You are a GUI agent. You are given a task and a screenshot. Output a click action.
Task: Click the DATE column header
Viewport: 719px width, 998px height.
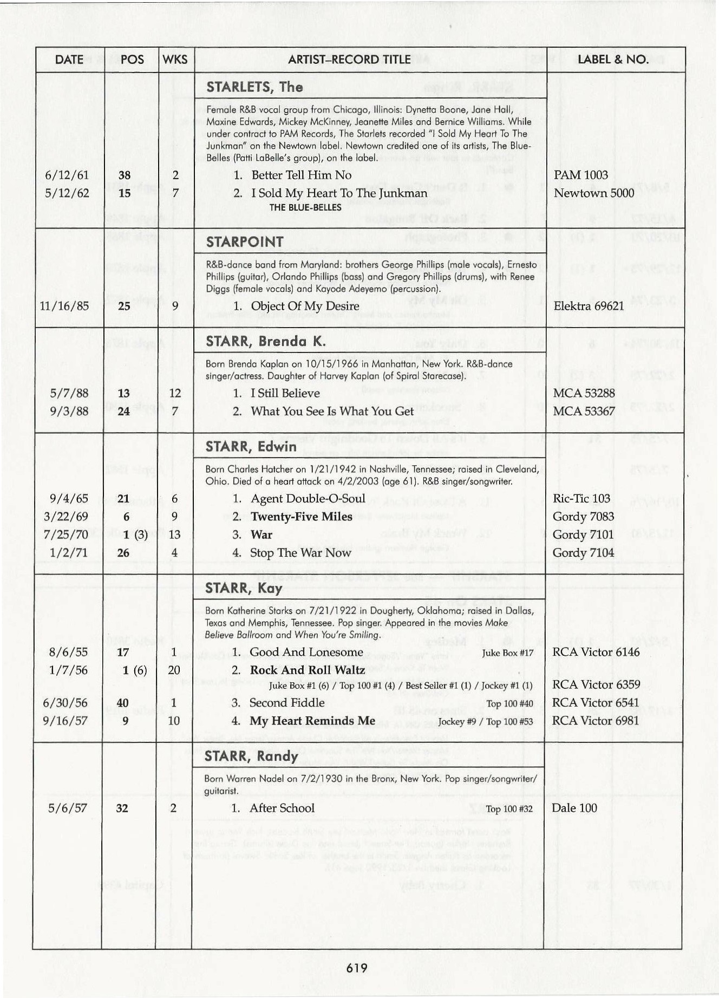tap(69, 60)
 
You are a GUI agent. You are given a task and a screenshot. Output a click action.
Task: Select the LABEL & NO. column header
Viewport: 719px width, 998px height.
tap(613, 60)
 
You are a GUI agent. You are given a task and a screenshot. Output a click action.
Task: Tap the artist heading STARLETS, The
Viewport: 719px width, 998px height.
tap(254, 87)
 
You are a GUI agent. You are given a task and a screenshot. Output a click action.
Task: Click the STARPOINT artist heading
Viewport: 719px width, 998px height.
tap(245, 242)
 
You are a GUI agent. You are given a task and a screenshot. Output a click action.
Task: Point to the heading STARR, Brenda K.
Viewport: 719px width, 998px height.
tap(265, 341)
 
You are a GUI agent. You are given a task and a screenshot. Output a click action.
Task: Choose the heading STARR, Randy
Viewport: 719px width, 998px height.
tap(251, 756)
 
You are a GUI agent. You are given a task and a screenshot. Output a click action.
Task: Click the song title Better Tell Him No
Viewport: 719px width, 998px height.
tap(301, 175)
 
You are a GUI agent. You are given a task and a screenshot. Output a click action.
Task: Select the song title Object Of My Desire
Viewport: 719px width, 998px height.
tap(305, 306)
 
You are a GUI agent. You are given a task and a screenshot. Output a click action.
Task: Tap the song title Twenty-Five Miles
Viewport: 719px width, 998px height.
tap(301, 517)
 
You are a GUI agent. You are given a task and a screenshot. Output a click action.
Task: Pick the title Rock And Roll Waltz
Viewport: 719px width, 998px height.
tap(307, 670)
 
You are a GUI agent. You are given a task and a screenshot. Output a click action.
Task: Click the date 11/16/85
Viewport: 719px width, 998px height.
tap(64, 306)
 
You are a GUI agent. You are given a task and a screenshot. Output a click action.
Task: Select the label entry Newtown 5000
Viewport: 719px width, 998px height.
tap(593, 193)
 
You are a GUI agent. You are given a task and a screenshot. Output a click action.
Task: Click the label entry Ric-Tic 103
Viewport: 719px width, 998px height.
tap(581, 499)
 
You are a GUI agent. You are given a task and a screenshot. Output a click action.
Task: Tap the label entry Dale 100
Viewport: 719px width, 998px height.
tap(574, 808)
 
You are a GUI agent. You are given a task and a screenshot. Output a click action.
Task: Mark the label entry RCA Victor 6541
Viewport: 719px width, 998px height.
tap(595, 703)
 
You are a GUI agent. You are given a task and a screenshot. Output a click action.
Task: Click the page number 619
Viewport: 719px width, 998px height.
tap(357, 968)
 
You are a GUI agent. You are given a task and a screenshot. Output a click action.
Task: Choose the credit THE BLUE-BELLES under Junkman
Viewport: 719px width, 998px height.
tap(305, 207)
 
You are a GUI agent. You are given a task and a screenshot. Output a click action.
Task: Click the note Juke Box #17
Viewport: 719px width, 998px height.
tap(507, 653)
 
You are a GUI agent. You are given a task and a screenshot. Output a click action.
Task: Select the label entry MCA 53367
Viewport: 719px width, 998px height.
tap(584, 411)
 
